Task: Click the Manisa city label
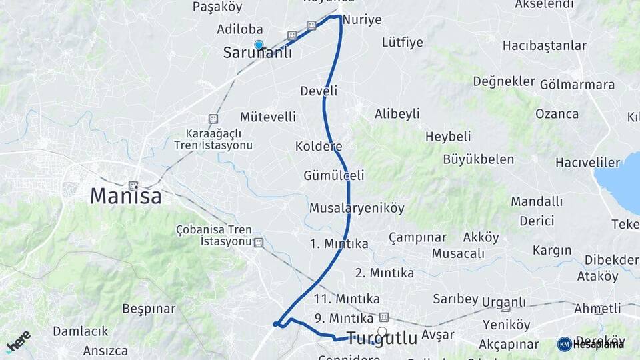[x=126, y=196]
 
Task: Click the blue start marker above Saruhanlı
[x=259, y=45]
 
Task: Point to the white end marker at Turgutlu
[x=382, y=331]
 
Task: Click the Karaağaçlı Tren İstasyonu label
[x=213, y=139]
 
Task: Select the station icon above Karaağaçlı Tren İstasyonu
[x=213, y=119]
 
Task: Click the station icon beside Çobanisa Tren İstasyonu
[x=259, y=243]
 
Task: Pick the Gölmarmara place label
[x=577, y=85]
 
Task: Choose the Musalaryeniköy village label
[x=357, y=208]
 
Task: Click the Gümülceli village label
[x=334, y=176]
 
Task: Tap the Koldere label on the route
[x=319, y=146]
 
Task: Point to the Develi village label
[x=319, y=91]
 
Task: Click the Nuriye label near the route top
[x=362, y=20]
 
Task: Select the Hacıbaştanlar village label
[x=545, y=46]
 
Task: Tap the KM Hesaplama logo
[x=591, y=344]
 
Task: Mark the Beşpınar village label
[x=149, y=309]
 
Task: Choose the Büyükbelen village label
[x=479, y=159]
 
